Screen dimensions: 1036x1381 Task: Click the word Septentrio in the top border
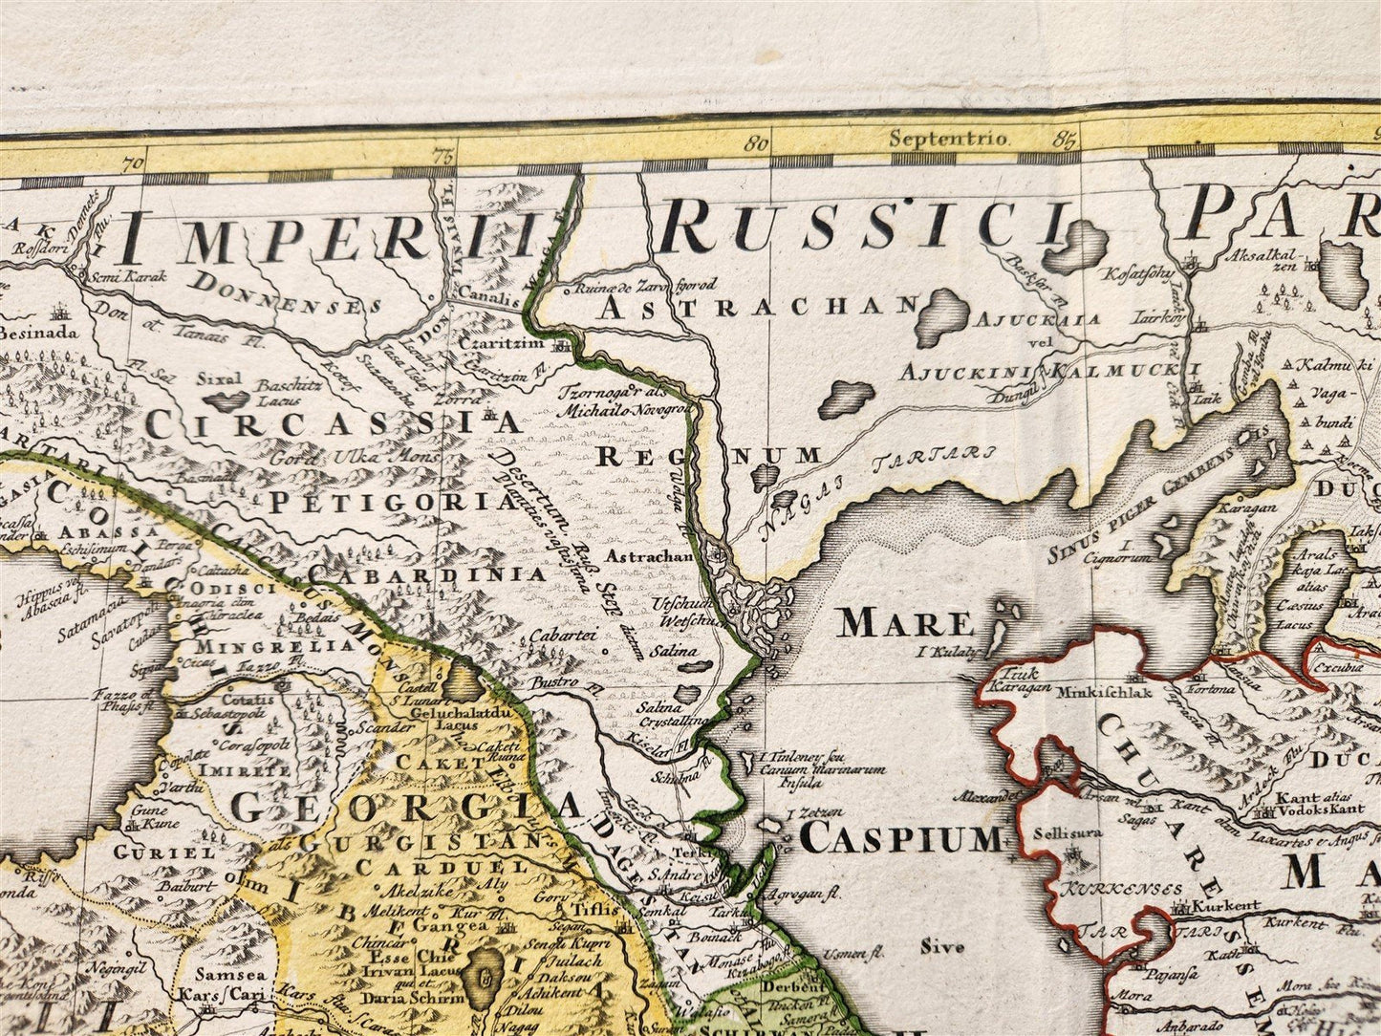948,139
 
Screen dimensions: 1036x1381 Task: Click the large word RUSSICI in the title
863,227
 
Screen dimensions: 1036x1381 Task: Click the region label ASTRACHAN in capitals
760,306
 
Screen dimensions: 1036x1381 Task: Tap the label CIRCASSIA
333,422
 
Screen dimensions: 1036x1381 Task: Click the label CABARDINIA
427,574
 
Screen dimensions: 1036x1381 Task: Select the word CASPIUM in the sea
901,838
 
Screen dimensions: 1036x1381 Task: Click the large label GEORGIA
406,807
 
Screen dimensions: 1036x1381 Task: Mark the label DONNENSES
285,293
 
